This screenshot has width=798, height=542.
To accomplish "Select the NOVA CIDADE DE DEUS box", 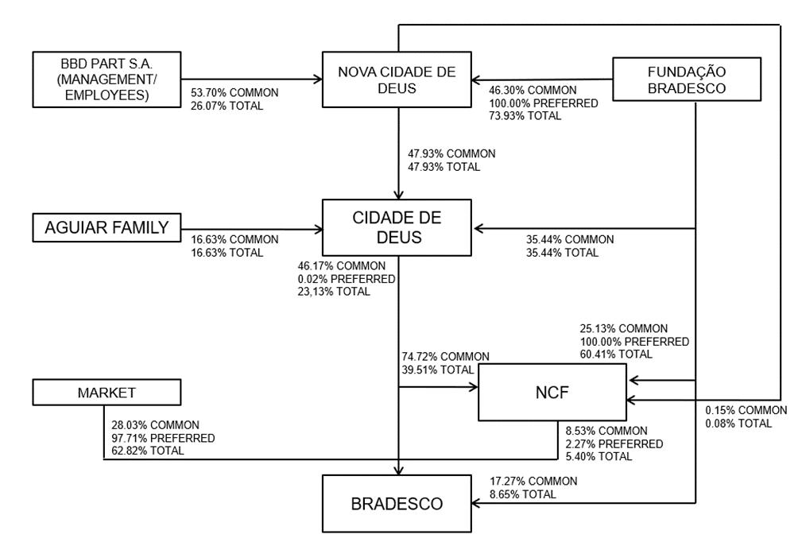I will click(x=397, y=79).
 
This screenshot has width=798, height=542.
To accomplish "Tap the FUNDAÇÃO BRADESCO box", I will click(x=687, y=79).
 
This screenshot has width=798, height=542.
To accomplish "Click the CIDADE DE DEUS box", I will click(x=397, y=227).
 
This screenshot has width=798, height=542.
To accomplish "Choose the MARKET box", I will click(x=107, y=393).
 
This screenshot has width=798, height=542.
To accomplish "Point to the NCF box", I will click(x=552, y=393).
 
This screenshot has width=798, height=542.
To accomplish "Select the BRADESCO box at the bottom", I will click(x=397, y=504).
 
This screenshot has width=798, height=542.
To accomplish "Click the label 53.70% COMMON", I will click(x=234, y=93).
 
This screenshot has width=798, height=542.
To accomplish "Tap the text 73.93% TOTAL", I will click(x=525, y=116).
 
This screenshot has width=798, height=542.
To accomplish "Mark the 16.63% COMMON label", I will click(x=234, y=239).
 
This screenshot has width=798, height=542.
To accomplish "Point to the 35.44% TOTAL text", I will click(x=562, y=253).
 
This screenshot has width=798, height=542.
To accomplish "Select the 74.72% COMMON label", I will click(x=446, y=357).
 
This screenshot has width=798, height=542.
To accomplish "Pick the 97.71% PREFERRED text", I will click(x=163, y=438).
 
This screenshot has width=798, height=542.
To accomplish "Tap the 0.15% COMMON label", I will click(x=746, y=410).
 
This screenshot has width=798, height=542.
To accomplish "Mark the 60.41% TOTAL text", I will click(x=616, y=354).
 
